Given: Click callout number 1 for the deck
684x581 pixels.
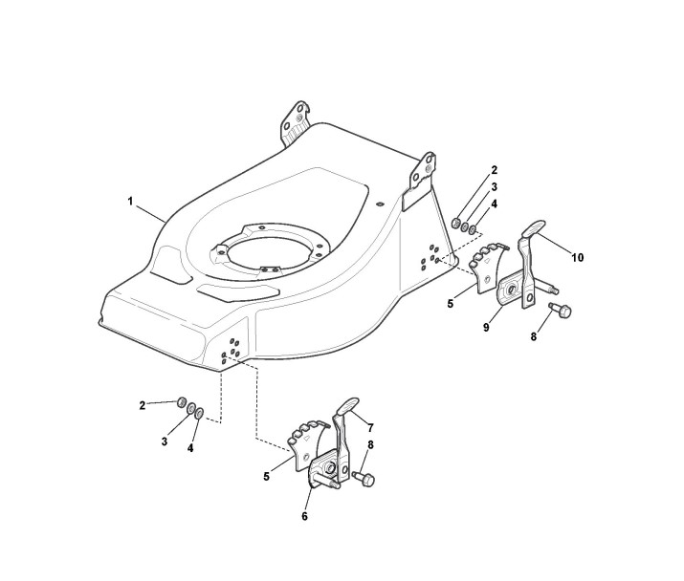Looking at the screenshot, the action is pyautogui.click(x=130, y=201).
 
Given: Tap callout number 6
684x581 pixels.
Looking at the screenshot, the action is pyautogui.click(x=305, y=517).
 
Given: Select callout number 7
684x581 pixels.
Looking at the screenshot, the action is pyautogui.click(x=370, y=427).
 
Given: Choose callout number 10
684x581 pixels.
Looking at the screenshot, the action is pyautogui.click(x=578, y=257).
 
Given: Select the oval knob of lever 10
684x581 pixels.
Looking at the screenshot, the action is pyautogui.click(x=534, y=228).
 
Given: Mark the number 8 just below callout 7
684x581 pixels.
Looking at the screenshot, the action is pyautogui.click(x=370, y=444).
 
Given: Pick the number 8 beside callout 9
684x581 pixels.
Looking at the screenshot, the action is pyautogui.click(x=534, y=337).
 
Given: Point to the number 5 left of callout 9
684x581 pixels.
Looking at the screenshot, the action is pyautogui.click(x=450, y=303).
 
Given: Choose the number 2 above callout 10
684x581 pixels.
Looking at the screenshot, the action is pyautogui.click(x=495, y=170).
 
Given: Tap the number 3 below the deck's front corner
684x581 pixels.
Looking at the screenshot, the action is pyautogui.click(x=165, y=441).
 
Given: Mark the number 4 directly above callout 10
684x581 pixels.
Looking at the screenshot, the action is pyautogui.click(x=495, y=204).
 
